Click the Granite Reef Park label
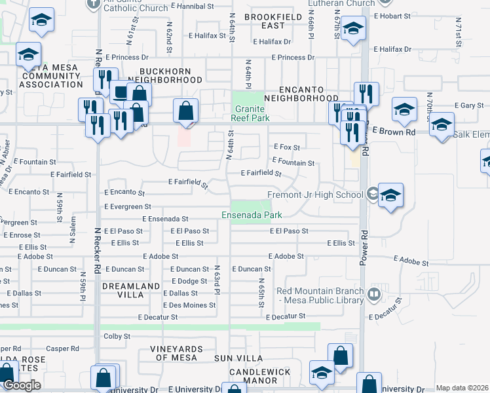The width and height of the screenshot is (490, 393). click(x=250, y=113)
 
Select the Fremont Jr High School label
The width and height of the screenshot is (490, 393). click(x=315, y=195)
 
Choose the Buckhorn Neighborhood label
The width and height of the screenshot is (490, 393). click(x=170, y=75)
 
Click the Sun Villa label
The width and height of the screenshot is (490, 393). click(x=238, y=358)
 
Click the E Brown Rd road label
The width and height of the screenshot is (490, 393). click(x=394, y=132)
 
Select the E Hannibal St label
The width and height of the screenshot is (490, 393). click(x=194, y=5)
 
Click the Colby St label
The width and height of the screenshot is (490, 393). click(x=117, y=336)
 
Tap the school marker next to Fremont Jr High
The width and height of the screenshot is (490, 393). click(x=390, y=195)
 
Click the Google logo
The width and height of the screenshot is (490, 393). click(x=22, y=385)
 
